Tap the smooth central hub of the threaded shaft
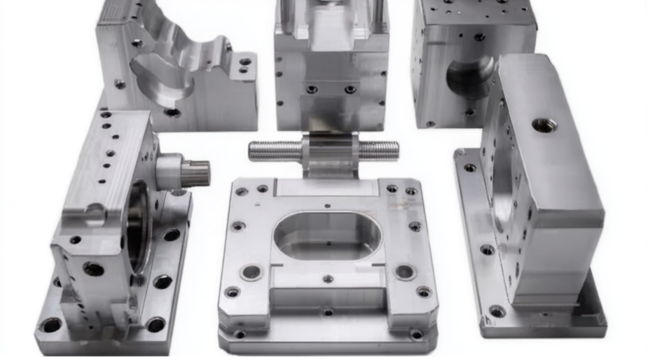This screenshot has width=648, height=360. [x=328, y=148]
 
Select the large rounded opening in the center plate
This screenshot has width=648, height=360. [x=327, y=235]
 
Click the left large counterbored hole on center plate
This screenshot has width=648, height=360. [x=251, y=272]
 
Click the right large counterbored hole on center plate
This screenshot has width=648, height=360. [x=405, y=271]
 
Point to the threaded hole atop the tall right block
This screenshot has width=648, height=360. [x=544, y=125]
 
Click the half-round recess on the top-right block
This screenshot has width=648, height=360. [x=470, y=76]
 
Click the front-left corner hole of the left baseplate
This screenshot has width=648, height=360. [x=51, y=325]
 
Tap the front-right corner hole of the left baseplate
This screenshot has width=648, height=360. [x=156, y=324]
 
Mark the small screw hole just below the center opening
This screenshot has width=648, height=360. [x=328, y=279]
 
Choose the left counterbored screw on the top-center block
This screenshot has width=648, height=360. [x=312, y=89]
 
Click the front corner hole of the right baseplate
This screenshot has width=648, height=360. [x=497, y=311]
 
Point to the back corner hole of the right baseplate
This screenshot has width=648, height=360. [x=469, y=167]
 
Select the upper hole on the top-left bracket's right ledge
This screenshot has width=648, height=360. [x=245, y=62]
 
